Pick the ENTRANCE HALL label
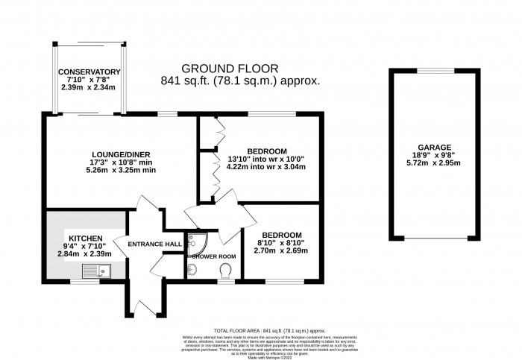click(x=154, y=244)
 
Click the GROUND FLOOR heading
click(x=240, y=68)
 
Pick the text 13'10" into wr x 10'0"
click(x=265, y=159)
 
